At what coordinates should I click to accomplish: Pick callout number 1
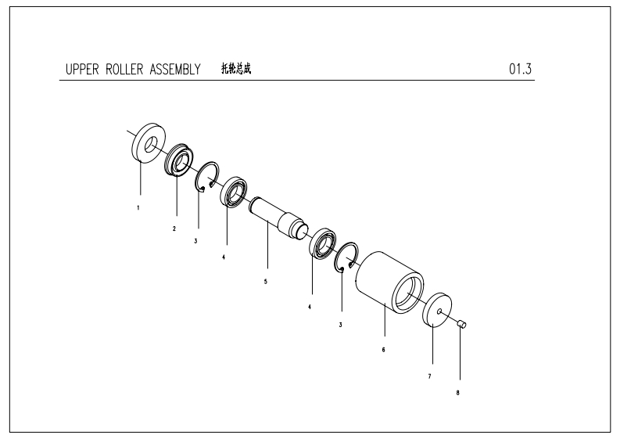click(139, 208)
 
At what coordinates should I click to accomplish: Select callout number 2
click(174, 228)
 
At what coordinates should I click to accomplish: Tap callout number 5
click(266, 280)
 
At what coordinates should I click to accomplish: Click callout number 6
click(383, 349)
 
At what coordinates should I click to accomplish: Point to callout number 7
click(429, 376)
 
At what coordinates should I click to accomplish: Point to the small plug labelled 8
click(462, 323)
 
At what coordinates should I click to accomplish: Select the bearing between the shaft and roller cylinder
click(321, 243)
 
